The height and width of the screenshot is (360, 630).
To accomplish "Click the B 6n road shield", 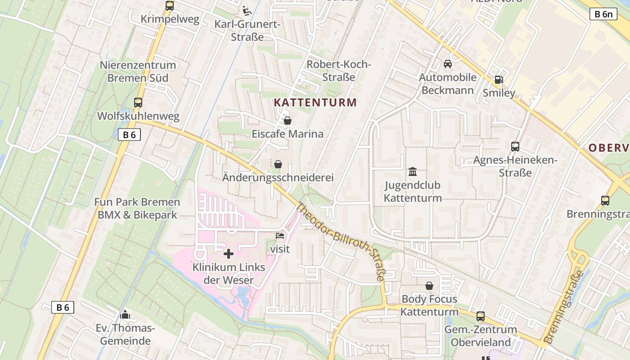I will point(603,14).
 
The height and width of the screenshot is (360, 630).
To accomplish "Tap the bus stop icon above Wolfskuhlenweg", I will point(138,102).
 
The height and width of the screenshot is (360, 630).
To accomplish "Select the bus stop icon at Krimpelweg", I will point(170,6).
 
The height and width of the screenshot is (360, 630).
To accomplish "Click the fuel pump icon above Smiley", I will point(499,80).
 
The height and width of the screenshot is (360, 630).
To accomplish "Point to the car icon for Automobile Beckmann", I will point(448,64).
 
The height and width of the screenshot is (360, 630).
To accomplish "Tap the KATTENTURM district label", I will point(315,103).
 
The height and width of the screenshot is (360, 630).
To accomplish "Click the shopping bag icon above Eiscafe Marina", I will point(288,121).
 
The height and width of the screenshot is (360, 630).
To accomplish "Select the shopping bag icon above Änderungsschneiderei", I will point(278,164).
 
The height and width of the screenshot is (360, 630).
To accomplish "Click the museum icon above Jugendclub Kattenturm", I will point(413,171).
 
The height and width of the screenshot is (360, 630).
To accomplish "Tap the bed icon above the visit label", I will point(280,235).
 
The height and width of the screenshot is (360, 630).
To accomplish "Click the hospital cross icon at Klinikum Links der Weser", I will point(229,254).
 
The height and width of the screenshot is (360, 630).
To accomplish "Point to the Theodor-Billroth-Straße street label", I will point(341,242).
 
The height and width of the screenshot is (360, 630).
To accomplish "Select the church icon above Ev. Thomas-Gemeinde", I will point(125,314).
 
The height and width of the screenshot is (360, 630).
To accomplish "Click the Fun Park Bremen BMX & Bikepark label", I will point(137,209).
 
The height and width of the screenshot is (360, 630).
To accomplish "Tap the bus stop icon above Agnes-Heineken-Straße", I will point(515,147).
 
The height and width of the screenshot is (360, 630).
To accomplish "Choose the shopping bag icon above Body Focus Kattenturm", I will point(429,286).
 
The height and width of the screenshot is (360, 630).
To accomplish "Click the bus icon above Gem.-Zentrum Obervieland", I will point(481,316).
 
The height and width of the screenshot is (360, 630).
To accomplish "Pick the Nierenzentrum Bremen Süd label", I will point(138,72).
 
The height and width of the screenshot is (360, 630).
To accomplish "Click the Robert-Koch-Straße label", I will point(339,71).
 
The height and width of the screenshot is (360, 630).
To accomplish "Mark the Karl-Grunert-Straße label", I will point(247,31).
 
